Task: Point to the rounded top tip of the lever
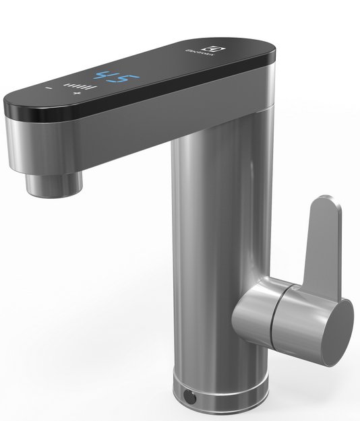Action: point(325,203)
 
